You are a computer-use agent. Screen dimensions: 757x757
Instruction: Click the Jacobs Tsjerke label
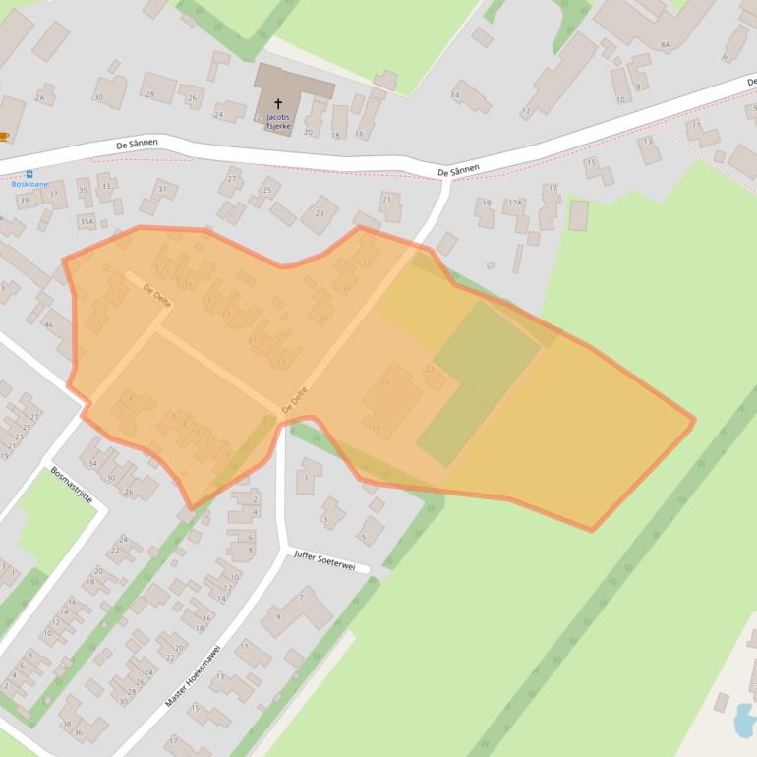[278, 121]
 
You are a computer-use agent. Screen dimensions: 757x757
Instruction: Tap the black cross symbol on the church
[278, 102]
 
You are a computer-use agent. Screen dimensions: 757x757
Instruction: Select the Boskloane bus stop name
[29, 184]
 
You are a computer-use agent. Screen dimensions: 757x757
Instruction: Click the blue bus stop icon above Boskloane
[29, 173]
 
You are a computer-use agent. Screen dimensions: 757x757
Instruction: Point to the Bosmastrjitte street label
[72, 485]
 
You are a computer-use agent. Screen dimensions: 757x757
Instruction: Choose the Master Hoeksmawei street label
[194, 675]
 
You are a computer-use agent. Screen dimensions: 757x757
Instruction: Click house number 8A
[666, 45]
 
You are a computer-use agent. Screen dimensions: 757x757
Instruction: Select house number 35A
[87, 222]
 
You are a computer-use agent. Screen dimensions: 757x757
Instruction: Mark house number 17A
[514, 204]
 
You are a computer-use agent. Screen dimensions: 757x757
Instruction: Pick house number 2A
[40, 98]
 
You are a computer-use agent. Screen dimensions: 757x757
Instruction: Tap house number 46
[48, 324]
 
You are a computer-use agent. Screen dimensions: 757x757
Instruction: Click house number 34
[93, 463]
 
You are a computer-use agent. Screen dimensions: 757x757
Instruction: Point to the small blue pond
[745, 721]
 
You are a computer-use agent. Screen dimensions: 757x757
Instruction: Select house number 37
[54, 194]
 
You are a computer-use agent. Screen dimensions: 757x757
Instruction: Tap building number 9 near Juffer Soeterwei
[278, 616]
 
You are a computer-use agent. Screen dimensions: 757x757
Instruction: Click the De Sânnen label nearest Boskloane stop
[137, 145]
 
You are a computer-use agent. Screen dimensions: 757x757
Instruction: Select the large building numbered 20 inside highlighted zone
[385, 381]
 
